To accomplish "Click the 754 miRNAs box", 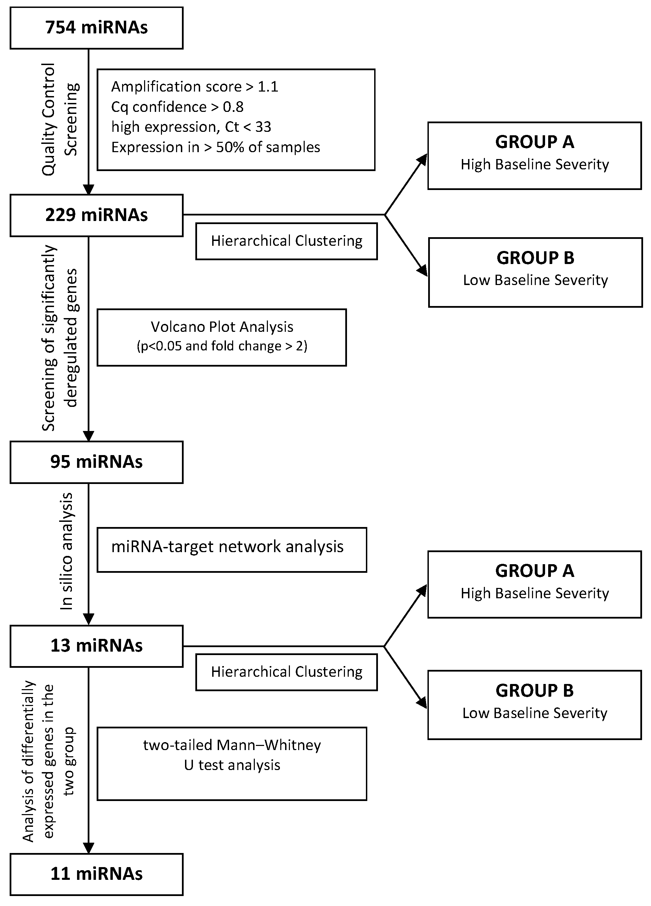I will tap(96, 28).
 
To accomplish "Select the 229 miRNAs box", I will tap(96, 215).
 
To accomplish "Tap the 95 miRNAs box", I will tap(96, 462).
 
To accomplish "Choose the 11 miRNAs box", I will tap(96, 874).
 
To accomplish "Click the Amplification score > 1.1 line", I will tap(194, 87).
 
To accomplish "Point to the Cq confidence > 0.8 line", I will tap(177, 107).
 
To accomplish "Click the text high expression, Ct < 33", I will tap(191, 127).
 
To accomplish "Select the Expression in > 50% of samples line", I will tap(216, 147).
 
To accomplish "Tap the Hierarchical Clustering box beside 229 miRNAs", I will tap(286, 241).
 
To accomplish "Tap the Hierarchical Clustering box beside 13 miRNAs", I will tap(286, 672).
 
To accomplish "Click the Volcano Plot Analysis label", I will tap(222, 327).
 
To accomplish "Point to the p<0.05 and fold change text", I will tap(222, 346).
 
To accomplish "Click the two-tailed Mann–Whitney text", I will tap(232, 745).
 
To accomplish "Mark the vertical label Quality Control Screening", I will tap(60, 119).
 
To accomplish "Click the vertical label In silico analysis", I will tap(66, 551).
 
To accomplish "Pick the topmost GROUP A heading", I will tap(534, 142).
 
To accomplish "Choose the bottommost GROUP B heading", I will tap(534, 691).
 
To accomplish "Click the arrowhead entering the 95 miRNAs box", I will tap(88, 436).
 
